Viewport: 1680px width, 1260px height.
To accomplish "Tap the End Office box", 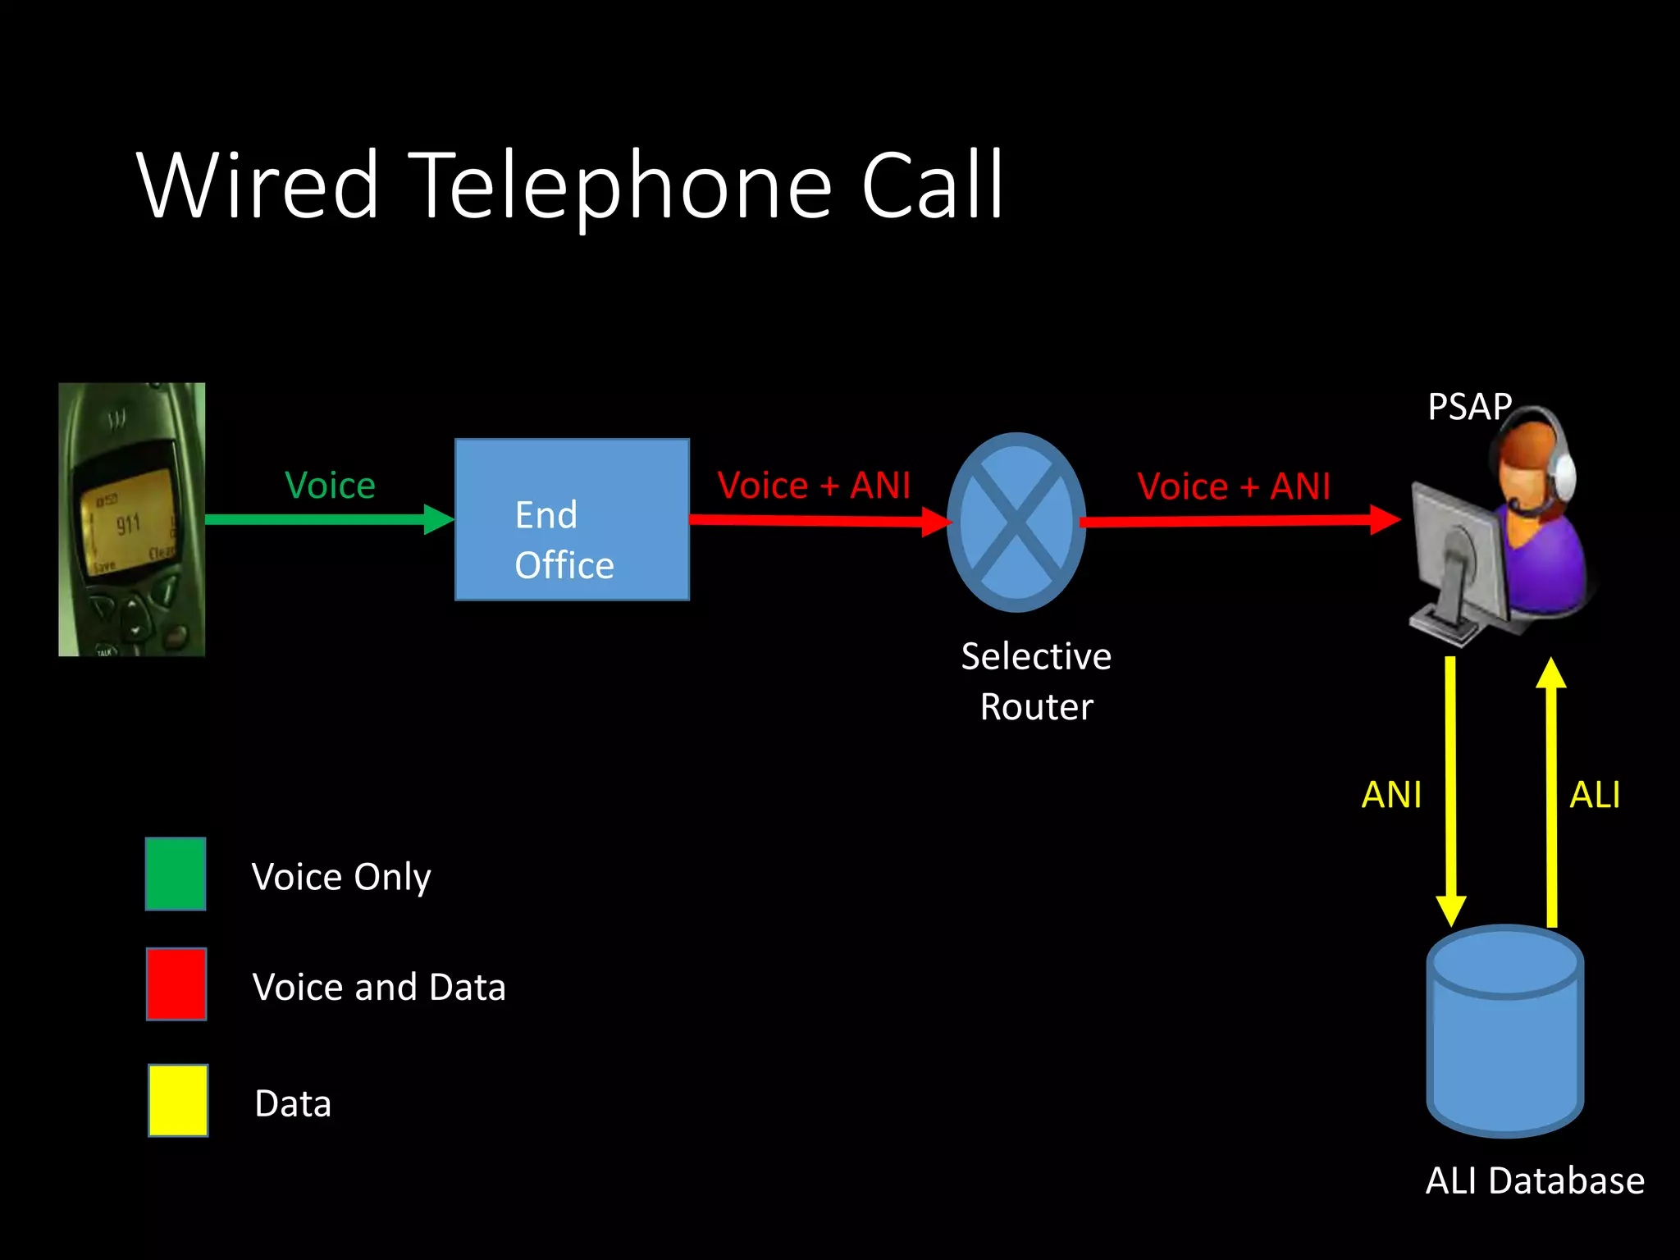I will coord(572,519).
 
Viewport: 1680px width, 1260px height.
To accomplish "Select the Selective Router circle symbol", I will coord(1016,523).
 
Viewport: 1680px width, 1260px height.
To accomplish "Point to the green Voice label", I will coord(330,485).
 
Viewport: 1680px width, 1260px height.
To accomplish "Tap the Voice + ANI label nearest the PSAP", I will coord(1233,486).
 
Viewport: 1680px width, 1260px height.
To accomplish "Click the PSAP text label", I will coord(1468,407).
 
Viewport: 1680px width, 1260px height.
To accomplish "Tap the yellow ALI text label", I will coord(1594,795).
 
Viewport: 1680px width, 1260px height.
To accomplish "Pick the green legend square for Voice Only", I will coord(176,874).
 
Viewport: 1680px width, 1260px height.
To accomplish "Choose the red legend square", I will coord(176,984).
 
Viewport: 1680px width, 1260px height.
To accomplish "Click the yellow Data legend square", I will coord(178,1100).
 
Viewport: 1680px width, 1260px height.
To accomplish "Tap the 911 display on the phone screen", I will coord(128,524).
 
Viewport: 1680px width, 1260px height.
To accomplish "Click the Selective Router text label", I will coord(1036,681).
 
